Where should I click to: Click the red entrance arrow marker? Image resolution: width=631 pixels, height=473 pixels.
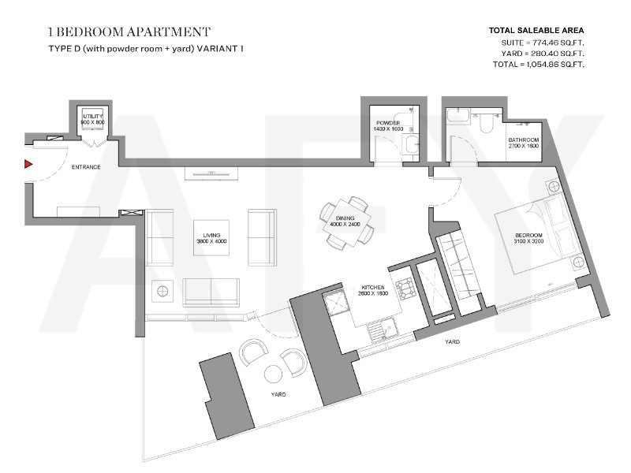(x=28, y=164)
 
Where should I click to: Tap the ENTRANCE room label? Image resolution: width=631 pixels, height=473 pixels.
(x=86, y=167)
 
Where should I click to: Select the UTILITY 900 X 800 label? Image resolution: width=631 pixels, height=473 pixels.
(x=93, y=119)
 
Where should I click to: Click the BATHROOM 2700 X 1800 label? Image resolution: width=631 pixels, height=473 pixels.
(x=523, y=143)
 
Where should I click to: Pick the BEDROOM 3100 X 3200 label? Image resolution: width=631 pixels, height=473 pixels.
(x=528, y=238)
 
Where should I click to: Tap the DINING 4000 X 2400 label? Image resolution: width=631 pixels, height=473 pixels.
(x=345, y=222)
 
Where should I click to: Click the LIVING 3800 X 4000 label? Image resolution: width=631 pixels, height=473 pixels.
(x=211, y=238)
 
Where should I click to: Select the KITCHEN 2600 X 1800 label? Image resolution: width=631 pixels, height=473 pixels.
(x=373, y=290)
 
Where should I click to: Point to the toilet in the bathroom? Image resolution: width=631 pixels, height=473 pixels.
(x=486, y=123)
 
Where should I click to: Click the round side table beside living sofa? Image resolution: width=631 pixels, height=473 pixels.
(x=162, y=290)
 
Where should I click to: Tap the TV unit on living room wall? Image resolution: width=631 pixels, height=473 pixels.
(x=211, y=173)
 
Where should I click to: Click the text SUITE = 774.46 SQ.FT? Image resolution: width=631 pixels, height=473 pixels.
(x=543, y=43)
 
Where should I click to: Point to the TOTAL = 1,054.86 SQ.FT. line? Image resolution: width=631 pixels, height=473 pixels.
(x=539, y=64)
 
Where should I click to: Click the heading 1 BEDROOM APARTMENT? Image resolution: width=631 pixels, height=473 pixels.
(x=129, y=32)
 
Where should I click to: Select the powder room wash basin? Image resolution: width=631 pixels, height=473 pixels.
(x=411, y=145)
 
